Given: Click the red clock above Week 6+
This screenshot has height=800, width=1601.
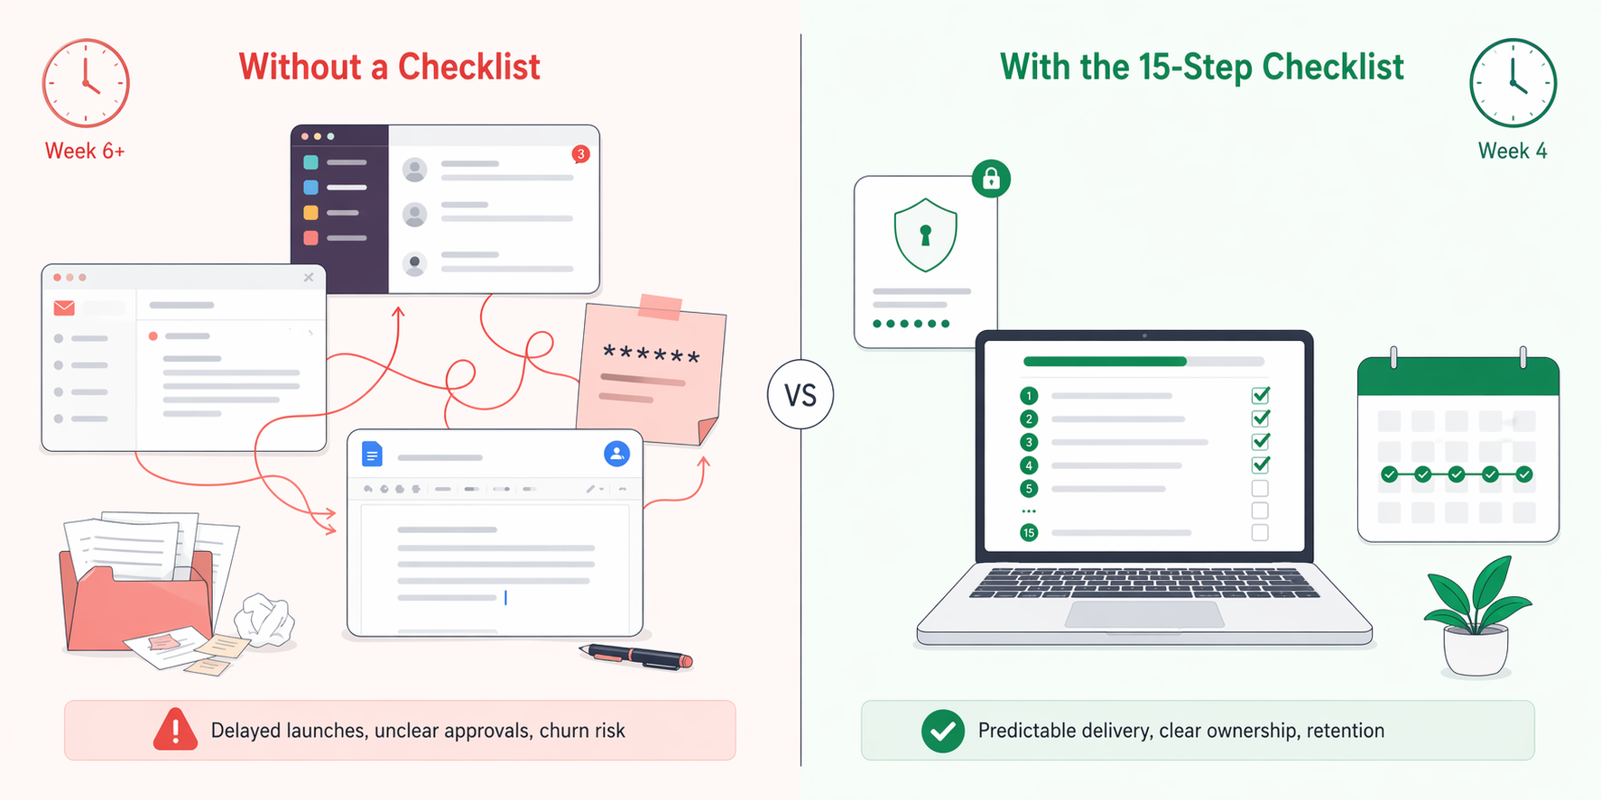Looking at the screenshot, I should pyautogui.click(x=86, y=83).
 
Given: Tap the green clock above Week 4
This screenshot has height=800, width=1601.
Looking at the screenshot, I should pyautogui.click(x=1513, y=83).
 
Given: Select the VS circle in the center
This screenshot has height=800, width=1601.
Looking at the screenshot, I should pyautogui.click(x=800, y=395).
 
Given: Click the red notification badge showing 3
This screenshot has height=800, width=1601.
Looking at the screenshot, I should pyautogui.click(x=581, y=154).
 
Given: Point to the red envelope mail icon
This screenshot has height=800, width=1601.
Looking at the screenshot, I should pyautogui.click(x=64, y=308).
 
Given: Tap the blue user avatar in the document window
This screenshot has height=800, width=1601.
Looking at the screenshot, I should pyautogui.click(x=616, y=454).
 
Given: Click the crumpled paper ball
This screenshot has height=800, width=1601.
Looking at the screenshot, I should pyautogui.click(x=264, y=620).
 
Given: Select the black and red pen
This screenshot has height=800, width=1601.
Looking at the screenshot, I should pyautogui.click(x=637, y=657).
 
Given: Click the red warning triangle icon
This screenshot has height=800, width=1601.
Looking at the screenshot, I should pyautogui.click(x=175, y=730).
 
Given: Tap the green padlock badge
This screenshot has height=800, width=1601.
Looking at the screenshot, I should pyautogui.click(x=991, y=179).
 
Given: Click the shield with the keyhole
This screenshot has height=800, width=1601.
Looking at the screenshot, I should pyautogui.click(x=925, y=235).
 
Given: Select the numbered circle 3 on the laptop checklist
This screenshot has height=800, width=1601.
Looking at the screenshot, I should pyautogui.click(x=1029, y=442).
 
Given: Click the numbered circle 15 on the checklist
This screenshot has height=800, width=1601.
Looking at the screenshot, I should pyautogui.click(x=1029, y=533).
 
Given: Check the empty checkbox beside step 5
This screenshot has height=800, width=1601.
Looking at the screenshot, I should pyautogui.click(x=1260, y=489).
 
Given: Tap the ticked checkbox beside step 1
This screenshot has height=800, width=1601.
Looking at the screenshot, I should pyautogui.click(x=1261, y=395).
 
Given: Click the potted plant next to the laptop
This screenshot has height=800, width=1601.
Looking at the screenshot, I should pyautogui.click(x=1476, y=618).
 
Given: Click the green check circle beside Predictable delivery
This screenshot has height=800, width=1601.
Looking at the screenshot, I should pyautogui.click(x=942, y=731).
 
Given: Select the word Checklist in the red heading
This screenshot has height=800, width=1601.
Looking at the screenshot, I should pyautogui.click(x=468, y=67).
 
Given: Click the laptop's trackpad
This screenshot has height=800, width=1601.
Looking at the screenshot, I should pyautogui.click(x=1144, y=615).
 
